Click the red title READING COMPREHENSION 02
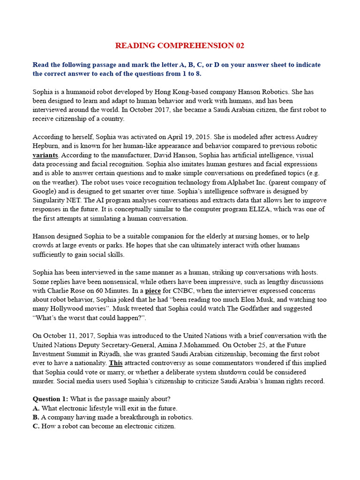pos(180,45)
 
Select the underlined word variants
pos(45,155)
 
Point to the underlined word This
pos(115,363)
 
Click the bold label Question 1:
pos(50,399)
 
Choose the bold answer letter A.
pos(36,408)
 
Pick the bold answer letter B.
pos(36,417)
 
